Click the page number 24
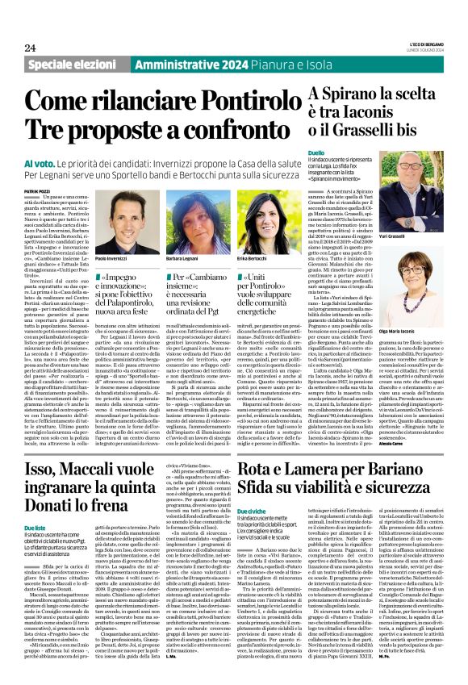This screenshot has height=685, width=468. (x=31, y=47)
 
